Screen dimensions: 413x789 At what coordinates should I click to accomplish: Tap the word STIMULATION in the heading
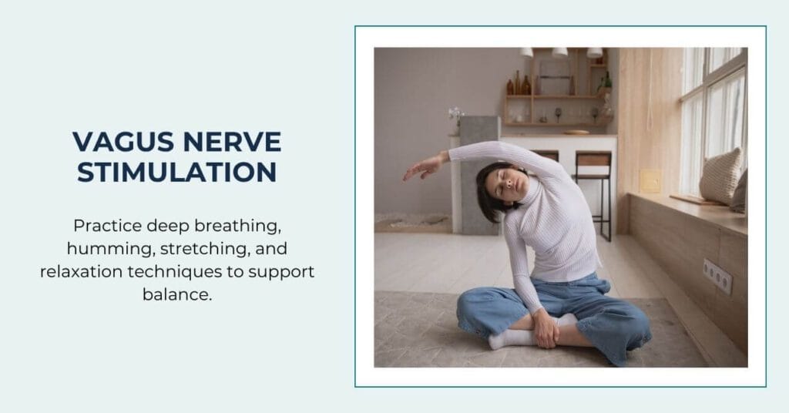[176, 172]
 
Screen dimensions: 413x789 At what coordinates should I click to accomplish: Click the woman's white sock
[509, 337]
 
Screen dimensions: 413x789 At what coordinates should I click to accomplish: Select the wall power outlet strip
[717, 275]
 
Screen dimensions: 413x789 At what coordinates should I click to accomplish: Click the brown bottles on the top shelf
[521, 84]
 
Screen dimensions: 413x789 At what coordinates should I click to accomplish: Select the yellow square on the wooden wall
[650, 181]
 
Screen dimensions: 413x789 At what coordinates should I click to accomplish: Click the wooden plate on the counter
[576, 133]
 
